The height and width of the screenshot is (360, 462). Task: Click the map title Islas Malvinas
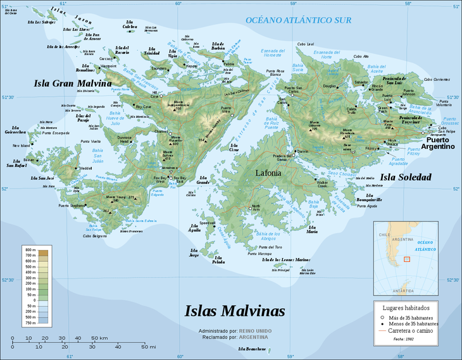pos(234,311)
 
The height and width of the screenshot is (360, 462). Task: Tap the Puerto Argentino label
pos(439,143)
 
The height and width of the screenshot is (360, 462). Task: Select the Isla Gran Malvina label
pos(73,83)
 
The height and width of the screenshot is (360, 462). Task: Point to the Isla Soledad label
pos(405,177)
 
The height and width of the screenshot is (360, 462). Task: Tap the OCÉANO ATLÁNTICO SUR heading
pos(298,21)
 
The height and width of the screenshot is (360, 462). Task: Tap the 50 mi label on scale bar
pos(149,346)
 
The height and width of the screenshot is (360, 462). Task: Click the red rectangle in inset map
pos(407,258)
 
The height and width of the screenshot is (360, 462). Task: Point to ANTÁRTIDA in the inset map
pos(403,291)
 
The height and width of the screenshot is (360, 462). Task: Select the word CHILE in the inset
pos(384,235)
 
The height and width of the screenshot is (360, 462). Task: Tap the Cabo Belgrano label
pos(93,236)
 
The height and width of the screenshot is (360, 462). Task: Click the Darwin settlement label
pos(303,152)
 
